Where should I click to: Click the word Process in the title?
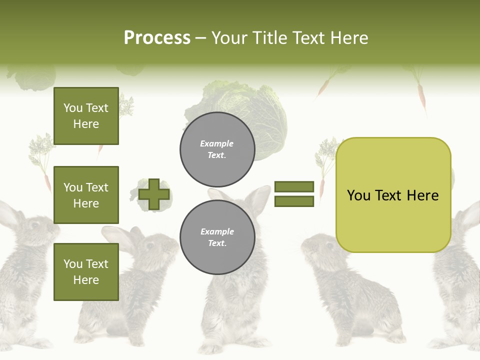click(x=157, y=38)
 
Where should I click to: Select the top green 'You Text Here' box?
click(x=86, y=116)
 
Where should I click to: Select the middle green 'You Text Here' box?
click(x=86, y=195)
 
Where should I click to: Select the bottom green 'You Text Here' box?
click(x=86, y=272)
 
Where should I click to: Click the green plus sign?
click(x=154, y=194)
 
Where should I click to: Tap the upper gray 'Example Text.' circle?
click(x=217, y=149)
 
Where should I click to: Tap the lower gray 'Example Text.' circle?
click(x=217, y=237)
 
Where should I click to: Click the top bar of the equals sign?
click(x=294, y=187)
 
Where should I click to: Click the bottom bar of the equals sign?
click(x=294, y=201)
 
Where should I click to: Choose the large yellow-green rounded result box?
click(x=393, y=195)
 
